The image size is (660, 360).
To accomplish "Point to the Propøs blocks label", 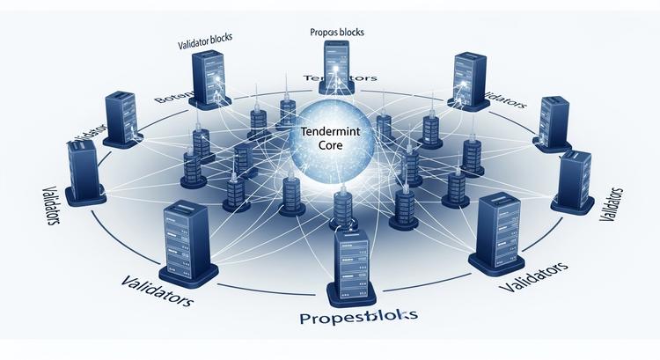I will tap(337, 33).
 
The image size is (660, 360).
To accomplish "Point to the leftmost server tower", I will tap(84, 172).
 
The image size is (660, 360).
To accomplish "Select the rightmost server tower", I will tap(574, 180).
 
